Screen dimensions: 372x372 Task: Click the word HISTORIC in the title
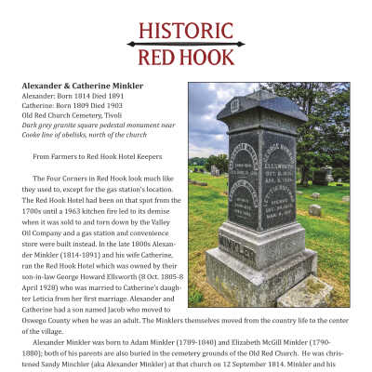[185, 29]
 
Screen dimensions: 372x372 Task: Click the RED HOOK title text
[185, 57]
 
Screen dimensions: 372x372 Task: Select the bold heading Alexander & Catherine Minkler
[82, 86]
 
